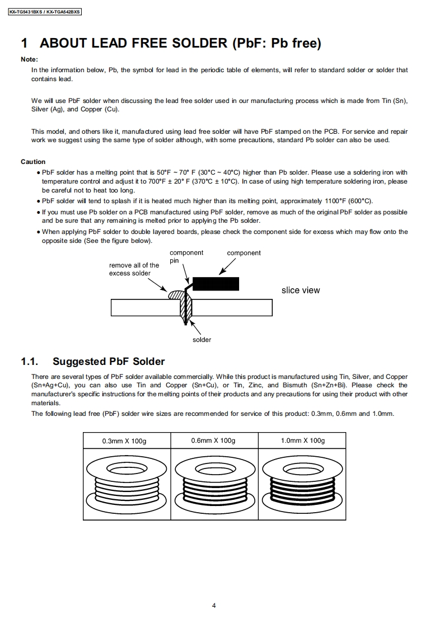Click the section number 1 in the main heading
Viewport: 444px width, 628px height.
point(24,43)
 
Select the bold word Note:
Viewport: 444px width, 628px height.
point(29,59)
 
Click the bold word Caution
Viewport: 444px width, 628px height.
point(33,162)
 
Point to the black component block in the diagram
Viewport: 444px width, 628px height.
point(216,284)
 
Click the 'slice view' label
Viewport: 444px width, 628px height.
point(301,290)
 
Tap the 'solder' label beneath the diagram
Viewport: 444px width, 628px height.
point(202,340)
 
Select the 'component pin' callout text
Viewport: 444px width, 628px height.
point(186,256)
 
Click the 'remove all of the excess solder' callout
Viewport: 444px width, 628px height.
point(134,269)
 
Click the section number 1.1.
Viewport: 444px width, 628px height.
point(29,362)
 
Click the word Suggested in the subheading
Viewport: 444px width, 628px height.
point(79,362)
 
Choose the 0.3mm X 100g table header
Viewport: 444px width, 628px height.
point(124,441)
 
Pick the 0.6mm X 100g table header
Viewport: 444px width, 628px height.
point(213,440)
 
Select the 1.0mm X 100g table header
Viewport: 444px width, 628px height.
point(302,440)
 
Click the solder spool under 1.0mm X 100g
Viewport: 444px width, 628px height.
point(302,481)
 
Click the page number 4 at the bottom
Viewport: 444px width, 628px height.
point(214,605)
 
